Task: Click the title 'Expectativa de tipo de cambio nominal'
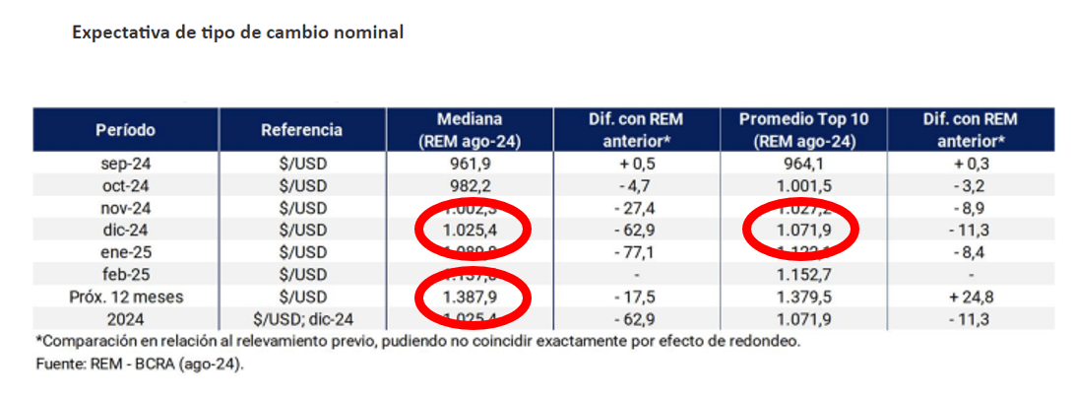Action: point(237,33)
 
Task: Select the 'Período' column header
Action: point(125,130)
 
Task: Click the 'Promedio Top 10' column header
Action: point(803,120)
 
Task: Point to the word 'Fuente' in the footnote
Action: point(55,364)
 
